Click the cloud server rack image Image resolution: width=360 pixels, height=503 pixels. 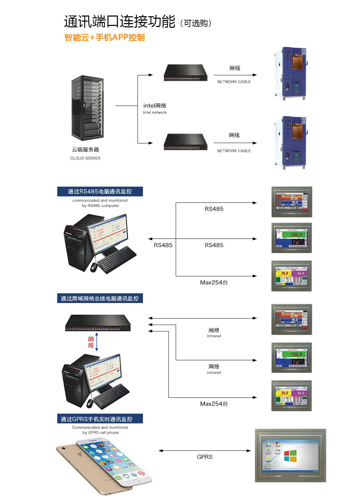pyautogui.click(x=87, y=108)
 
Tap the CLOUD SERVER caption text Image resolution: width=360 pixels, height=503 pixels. pyautogui.click(x=85, y=158)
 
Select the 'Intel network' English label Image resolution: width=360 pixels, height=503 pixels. pyautogui.click(x=155, y=112)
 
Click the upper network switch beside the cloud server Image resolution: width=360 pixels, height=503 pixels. pyautogui.click(x=185, y=72)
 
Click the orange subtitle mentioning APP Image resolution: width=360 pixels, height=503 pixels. pyautogui.click(x=104, y=37)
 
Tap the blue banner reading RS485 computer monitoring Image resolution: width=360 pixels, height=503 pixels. pyautogui.click(x=100, y=191)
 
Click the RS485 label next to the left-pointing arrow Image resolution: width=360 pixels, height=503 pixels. pyautogui.click(x=163, y=245)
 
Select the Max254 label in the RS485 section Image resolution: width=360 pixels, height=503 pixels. pyautogui.click(x=214, y=282)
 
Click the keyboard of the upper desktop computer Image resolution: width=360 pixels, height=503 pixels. pyautogui.click(x=117, y=259)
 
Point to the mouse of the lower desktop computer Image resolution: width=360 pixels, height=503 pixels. pyautogui.click(x=90, y=403)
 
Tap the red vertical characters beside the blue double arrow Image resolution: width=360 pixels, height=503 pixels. pyautogui.click(x=91, y=342)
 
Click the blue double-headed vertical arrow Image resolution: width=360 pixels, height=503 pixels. pyautogui.click(x=97, y=342)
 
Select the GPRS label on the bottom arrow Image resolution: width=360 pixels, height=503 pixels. pyautogui.click(x=204, y=457)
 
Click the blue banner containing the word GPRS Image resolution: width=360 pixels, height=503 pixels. pyautogui.click(x=100, y=419)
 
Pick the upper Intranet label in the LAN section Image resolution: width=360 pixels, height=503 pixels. pyautogui.click(x=214, y=336)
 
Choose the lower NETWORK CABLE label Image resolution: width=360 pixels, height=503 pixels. pyautogui.click(x=234, y=151)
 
